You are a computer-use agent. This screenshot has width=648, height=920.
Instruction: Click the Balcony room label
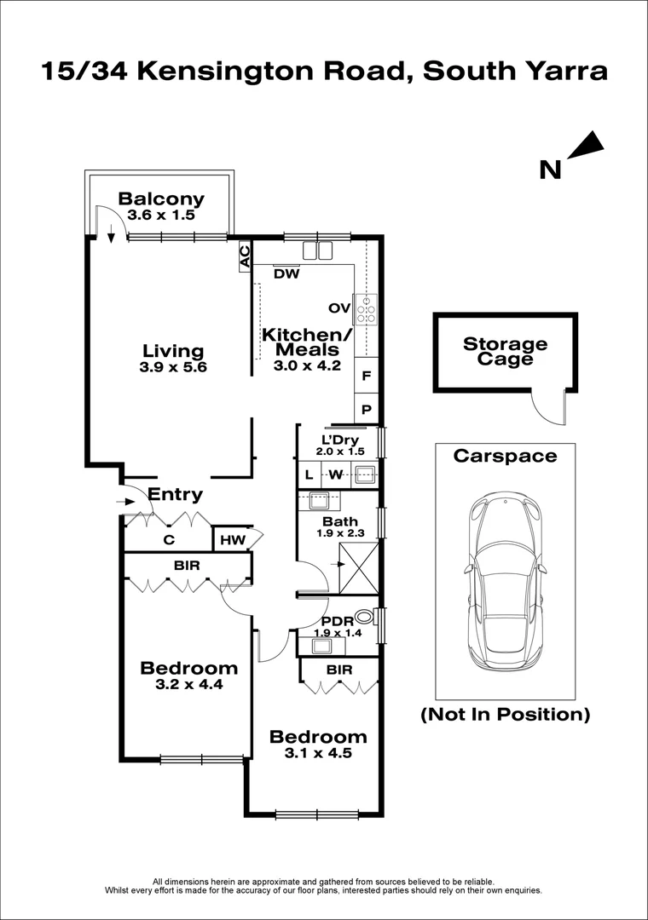pyautogui.click(x=161, y=198)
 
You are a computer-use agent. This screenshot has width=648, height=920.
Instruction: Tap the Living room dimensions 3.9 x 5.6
pyautogui.click(x=173, y=367)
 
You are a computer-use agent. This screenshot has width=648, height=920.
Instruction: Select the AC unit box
pyautogui.click(x=245, y=256)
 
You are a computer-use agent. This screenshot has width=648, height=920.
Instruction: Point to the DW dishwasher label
pyautogui.click(x=286, y=274)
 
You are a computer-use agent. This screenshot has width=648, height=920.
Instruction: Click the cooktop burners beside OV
pyautogui.click(x=367, y=309)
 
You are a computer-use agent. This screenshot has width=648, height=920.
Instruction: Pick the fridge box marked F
pyautogui.click(x=367, y=376)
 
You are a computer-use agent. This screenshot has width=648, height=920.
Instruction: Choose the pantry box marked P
pyautogui.click(x=367, y=409)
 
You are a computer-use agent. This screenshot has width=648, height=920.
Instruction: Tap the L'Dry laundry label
pyautogui.click(x=340, y=440)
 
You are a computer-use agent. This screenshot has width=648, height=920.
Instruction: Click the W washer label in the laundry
pyautogui.click(x=335, y=474)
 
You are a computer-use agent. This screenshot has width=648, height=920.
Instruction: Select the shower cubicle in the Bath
pyautogui.click(x=359, y=568)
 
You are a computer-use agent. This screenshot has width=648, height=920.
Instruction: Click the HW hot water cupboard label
pyautogui.click(x=233, y=540)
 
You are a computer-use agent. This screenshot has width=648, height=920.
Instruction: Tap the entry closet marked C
pyautogui.click(x=169, y=540)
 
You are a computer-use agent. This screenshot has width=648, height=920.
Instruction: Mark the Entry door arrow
pyautogui.click(x=125, y=502)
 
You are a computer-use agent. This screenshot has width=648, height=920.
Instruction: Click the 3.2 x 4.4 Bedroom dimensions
pyautogui.click(x=189, y=684)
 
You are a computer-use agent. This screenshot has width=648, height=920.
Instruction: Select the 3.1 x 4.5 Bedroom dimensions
pyautogui.click(x=318, y=753)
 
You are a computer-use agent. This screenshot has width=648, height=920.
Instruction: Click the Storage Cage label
pyautogui.click(x=506, y=352)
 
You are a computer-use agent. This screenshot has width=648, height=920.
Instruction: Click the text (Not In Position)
pyautogui.click(x=506, y=714)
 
